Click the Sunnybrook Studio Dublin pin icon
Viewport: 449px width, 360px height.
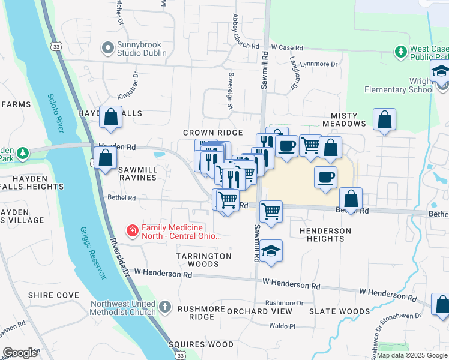click(108, 47)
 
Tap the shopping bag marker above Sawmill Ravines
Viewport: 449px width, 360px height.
click(106, 159)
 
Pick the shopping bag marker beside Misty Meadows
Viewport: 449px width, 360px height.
click(384, 119)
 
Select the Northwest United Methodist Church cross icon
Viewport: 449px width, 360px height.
click(166, 308)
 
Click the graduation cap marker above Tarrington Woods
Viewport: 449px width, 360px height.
click(271, 250)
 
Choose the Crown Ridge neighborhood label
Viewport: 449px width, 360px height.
click(213, 133)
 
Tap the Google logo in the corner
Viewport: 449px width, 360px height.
click(20, 353)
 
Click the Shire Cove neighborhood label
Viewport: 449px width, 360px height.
click(53, 295)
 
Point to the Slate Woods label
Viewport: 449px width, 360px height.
click(340, 311)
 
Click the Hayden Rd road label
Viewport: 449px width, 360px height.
click(114, 146)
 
